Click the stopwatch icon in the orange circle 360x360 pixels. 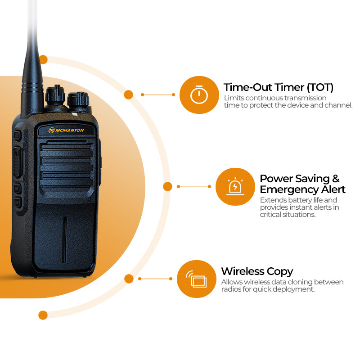[199, 94]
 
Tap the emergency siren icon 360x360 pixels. [235, 186]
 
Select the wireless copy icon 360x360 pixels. [196, 279]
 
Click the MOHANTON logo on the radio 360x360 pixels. [66, 130]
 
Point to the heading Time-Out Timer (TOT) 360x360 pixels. [279, 87]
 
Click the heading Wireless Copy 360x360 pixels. [257, 272]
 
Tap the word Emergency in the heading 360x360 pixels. [289, 189]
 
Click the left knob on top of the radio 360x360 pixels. [55, 95]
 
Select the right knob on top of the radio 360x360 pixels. [78, 99]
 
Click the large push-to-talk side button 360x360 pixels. [18, 162]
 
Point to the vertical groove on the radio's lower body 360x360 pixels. [64, 240]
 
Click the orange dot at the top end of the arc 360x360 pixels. [43, 60]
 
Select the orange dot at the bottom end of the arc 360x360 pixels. [43, 315]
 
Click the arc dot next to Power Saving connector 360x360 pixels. [167, 186]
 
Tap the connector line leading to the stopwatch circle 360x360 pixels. [158, 94]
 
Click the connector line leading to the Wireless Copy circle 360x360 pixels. [155, 279]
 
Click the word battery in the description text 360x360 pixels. [294, 200]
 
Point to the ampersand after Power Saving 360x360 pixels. [336, 179]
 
